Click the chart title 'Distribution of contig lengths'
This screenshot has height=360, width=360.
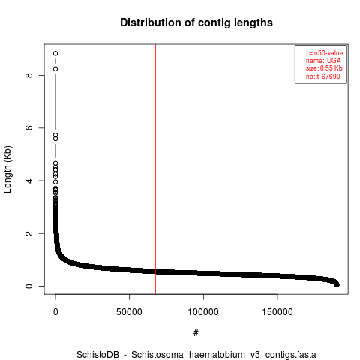(x=196, y=22)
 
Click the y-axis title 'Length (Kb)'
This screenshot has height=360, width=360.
(x=7, y=169)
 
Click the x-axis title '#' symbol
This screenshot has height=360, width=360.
(x=196, y=333)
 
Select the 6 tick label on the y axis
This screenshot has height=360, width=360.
(x=29, y=127)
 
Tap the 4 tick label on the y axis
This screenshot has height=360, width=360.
(x=29, y=181)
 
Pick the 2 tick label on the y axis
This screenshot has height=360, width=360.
(x=29, y=233)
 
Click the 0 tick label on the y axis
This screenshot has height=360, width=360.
(x=29, y=286)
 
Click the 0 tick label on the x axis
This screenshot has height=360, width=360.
(x=55, y=312)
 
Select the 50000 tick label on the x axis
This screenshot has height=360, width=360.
(x=129, y=312)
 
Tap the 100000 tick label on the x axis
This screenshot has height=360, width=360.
(x=203, y=312)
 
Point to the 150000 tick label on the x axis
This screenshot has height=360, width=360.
(x=277, y=312)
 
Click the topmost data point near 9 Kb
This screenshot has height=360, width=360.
(x=55, y=53)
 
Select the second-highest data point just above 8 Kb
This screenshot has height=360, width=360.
(x=55, y=69)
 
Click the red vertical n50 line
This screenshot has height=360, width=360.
(x=155, y=169)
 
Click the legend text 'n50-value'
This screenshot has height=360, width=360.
(x=328, y=53)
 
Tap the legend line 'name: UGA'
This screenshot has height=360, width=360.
(x=323, y=61)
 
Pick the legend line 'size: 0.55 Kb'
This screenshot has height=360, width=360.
(x=324, y=68)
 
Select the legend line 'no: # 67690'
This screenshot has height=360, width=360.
(x=323, y=76)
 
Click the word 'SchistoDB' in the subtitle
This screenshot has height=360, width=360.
(x=97, y=355)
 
